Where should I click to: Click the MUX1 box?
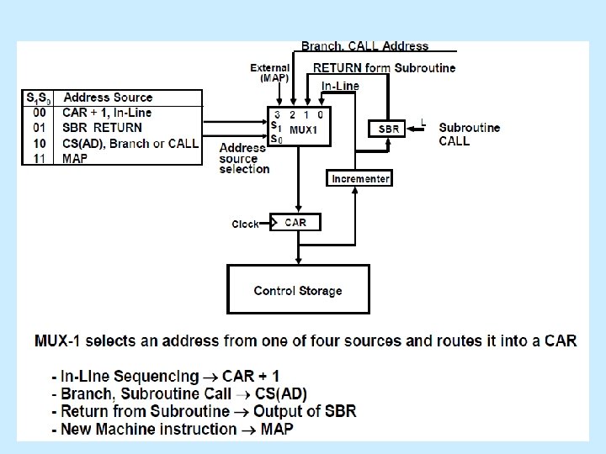(x=300, y=127)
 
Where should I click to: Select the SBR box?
(x=389, y=129)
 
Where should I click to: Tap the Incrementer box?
(x=360, y=179)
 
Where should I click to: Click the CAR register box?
(x=295, y=223)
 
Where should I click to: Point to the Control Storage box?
(x=298, y=290)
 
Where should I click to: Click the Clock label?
(x=246, y=224)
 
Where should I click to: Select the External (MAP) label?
(x=269, y=73)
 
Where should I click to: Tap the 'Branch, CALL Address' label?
(x=364, y=46)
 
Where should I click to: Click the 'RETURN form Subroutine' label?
(x=384, y=68)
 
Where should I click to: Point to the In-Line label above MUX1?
(x=340, y=86)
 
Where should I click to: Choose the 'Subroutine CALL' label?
(x=469, y=135)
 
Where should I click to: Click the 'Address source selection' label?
(x=244, y=158)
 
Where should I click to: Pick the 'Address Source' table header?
(x=109, y=98)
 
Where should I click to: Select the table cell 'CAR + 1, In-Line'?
(x=119, y=113)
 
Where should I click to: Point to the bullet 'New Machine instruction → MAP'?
(x=173, y=429)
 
